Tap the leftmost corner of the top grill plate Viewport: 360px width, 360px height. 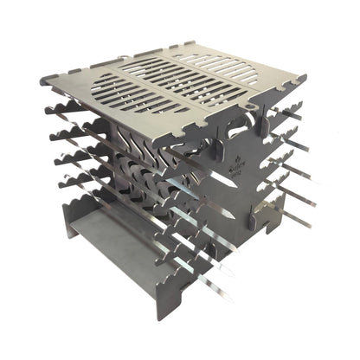pos(42,80)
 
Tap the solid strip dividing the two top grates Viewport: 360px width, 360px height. pos(177,82)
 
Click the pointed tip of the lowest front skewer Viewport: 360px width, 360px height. pos(232,299)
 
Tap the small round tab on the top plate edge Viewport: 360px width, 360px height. pos(249,111)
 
